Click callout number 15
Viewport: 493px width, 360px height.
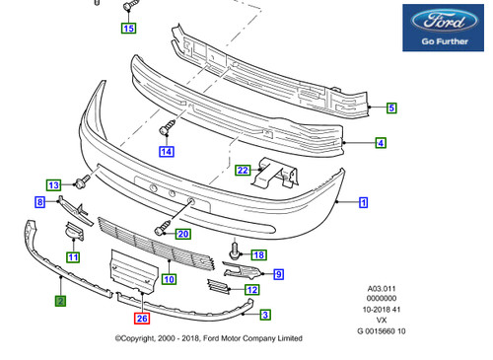point(129,28)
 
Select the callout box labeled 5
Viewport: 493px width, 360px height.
point(391,108)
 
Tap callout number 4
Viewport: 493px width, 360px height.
point(381,143)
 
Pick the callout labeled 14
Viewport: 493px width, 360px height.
point(167,152)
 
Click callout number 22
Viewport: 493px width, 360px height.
point(243,171)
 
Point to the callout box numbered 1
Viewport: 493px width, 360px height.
point(363,202)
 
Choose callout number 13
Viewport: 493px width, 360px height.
point(53,185)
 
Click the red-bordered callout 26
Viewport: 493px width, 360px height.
point(142,319)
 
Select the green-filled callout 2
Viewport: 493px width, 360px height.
point(60,301)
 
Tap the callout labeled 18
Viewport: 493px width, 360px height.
point(259,254)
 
